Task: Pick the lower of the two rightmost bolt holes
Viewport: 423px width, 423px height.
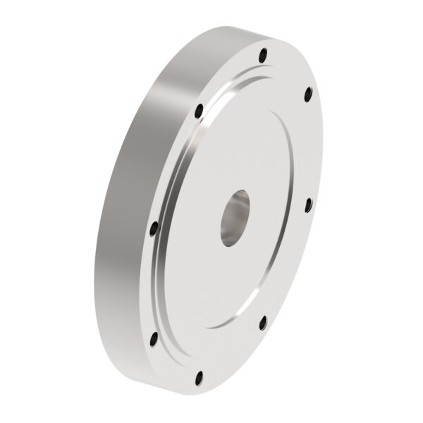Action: pos(307,204)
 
